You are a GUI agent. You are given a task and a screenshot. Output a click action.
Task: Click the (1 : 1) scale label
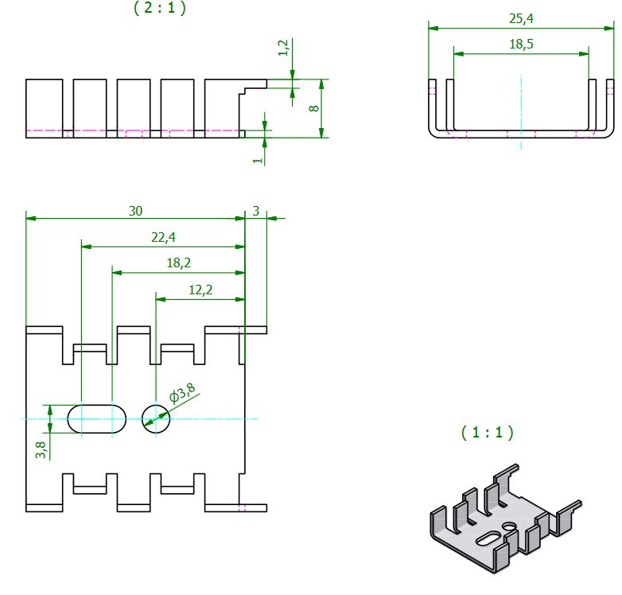(x=488, y=433)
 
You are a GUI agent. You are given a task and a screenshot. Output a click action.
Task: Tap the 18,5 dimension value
(x=521, y=45)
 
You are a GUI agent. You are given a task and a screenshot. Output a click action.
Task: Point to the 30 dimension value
(x=136, y=210)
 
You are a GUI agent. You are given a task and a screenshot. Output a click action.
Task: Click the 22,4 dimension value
(x=163, y=237)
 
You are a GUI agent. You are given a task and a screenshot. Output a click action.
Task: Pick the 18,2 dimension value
(x=178, y=262)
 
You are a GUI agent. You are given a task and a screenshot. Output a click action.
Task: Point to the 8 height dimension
(x=313, y=107)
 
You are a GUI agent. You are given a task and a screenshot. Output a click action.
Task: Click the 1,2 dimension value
(x=283, y=49)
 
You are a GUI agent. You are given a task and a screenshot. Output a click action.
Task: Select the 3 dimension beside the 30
(x=256, y=210)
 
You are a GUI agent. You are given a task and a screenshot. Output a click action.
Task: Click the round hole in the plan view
(x=156, y=418)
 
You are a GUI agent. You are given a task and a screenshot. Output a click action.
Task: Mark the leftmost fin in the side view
(x=44, y=107)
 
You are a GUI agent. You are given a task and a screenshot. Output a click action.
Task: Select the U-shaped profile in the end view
(x=521, y=132)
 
